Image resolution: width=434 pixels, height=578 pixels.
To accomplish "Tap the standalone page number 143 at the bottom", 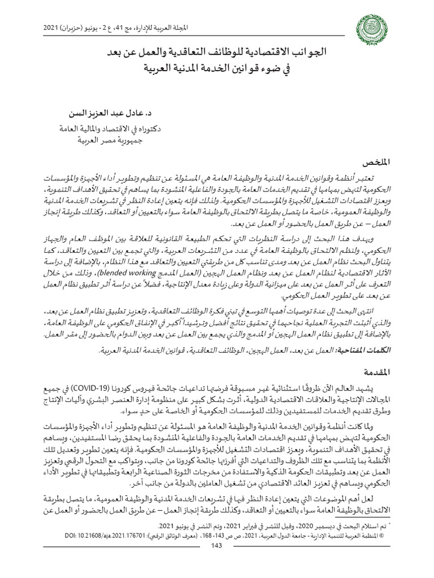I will (216, 560).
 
